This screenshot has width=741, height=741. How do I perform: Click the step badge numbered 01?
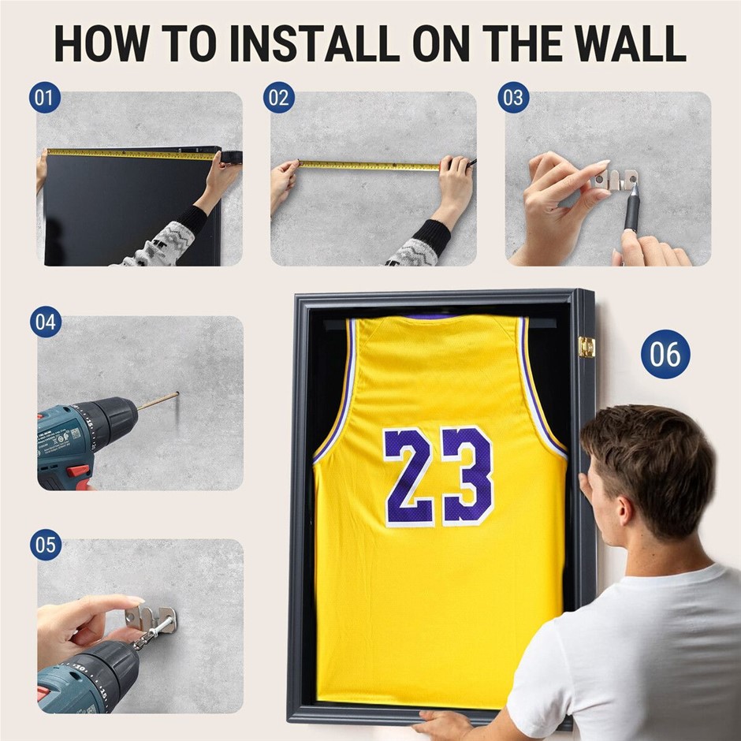(x=45, y=97)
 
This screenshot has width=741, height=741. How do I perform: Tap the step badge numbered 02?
(x=279, y=97)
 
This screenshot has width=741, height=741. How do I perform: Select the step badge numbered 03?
(x=513, y=97)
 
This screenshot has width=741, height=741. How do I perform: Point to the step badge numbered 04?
(x=46, y=322)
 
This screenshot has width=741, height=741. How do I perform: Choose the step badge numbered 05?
(x=46, y=545)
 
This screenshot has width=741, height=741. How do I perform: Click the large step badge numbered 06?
(x=665, y=354)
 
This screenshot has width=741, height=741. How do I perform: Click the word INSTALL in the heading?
(x=314, y=43)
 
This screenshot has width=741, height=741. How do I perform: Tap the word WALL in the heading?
(x=631, y=43)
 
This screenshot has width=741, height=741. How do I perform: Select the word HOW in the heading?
(x=102, y=43)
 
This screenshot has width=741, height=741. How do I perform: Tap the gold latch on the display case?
(x=586, y=347)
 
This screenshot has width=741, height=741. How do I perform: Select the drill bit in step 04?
(x=158, y=401)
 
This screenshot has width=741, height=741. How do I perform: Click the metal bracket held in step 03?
(x=615, y=180)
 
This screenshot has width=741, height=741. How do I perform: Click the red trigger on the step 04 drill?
(x=78, y=471)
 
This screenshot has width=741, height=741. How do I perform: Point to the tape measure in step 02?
(x=369, y=165)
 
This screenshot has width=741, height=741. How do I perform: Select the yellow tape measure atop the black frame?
(x=132, y=154)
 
